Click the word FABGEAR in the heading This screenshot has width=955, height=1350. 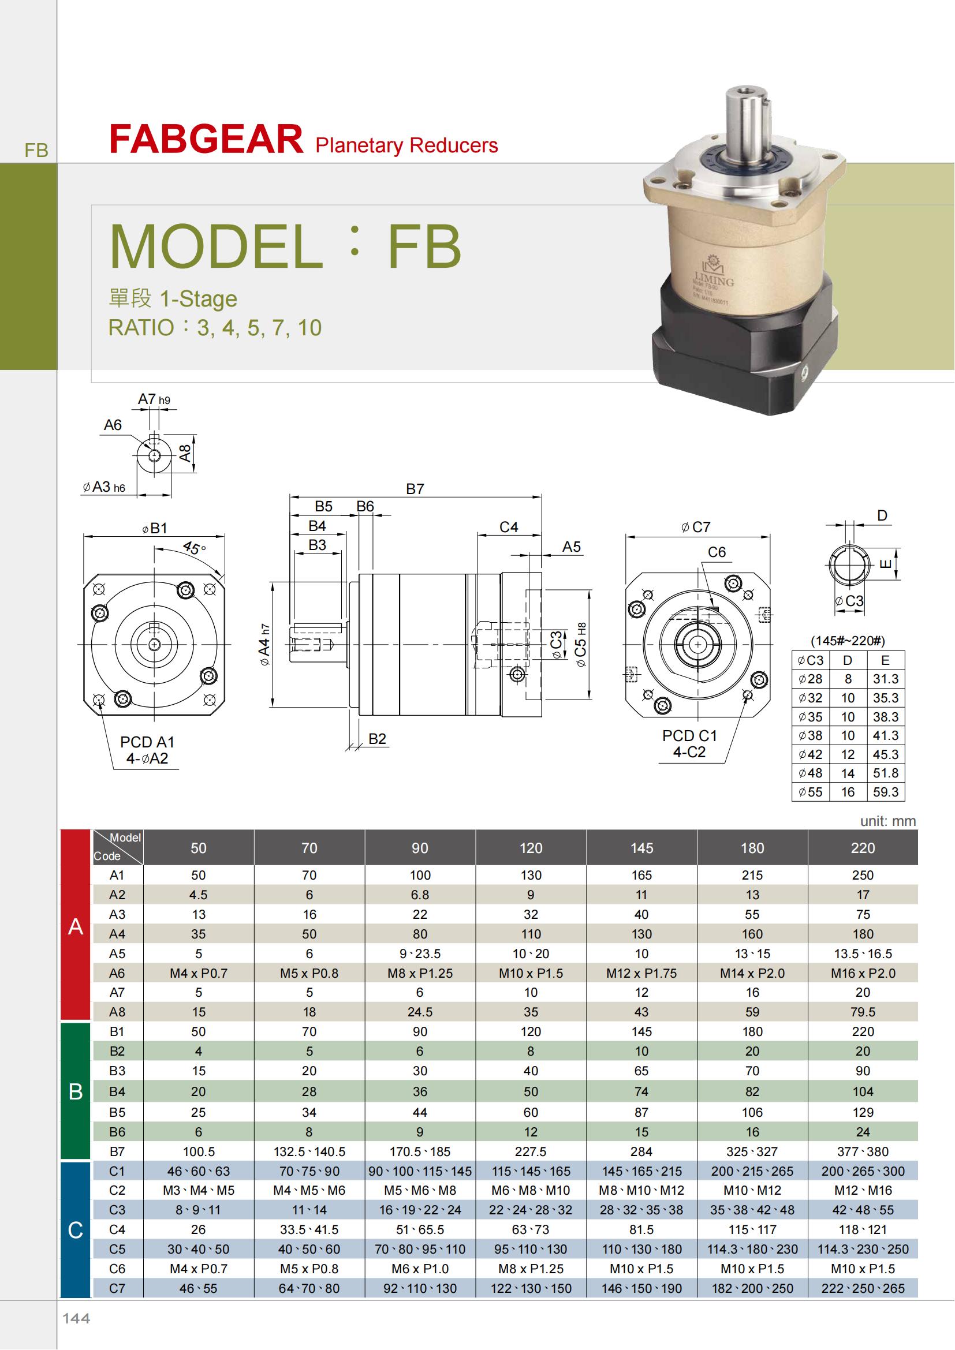206,139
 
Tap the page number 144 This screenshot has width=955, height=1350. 76,1318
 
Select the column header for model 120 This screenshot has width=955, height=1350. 531,847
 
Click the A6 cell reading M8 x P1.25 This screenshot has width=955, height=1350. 420,973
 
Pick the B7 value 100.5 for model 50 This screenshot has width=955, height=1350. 199,1151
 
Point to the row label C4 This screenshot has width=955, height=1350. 117,1229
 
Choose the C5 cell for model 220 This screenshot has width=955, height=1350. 863,1249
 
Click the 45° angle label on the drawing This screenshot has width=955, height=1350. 193,548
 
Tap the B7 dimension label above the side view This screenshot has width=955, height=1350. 415,489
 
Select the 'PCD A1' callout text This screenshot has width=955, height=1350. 147,742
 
